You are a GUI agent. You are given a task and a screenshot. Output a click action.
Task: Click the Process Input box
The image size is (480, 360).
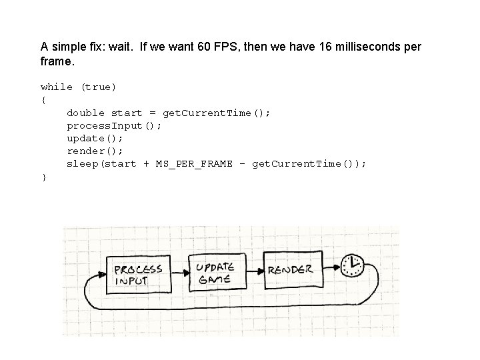pyautogui.click(x=139, y=275)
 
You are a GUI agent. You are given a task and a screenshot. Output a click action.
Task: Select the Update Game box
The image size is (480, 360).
pyautogui.click(x=217, y=272)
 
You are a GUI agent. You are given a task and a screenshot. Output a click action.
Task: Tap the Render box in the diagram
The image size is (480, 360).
pyautogui.click(x=293, y=270)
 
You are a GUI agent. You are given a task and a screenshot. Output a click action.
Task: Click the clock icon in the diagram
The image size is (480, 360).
pyautogui.click(x=353, y=266)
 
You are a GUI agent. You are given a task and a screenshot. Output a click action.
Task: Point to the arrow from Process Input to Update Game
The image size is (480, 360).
pyautogui.click(x=180, y=273)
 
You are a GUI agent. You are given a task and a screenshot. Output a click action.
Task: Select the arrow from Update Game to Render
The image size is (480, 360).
pyautogui.click(x=255, y=271)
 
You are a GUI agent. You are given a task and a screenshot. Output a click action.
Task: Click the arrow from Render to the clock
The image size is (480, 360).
pyautogui.click(x=332, y=267)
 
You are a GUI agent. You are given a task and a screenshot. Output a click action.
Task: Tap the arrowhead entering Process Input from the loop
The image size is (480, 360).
pyautogui.click(x=102, y=275)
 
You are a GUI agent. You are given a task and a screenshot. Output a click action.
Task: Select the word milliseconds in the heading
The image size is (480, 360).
pyautogui.click(x=367, y=47)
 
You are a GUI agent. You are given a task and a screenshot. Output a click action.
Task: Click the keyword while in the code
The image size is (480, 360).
pyautogui.click(x=57, y=87)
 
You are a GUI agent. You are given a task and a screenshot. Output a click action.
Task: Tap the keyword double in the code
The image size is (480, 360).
pyautogui.click(x=86, y=113)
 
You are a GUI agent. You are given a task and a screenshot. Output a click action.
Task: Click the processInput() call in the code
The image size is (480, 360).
pyautogui.click(x=114, y=126)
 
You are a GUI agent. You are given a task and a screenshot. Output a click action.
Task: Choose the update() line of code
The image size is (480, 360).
pyautogui.click(x=95, y=139)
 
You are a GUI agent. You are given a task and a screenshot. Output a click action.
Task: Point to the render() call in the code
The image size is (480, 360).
pyautogui.click(x=95, y=151)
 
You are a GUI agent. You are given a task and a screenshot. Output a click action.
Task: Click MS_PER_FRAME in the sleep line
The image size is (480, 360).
pyautogui.click(x=194, y=164)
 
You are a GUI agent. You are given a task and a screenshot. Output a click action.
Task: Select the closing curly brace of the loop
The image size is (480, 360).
pyautogui.click(x=44, y=177)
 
